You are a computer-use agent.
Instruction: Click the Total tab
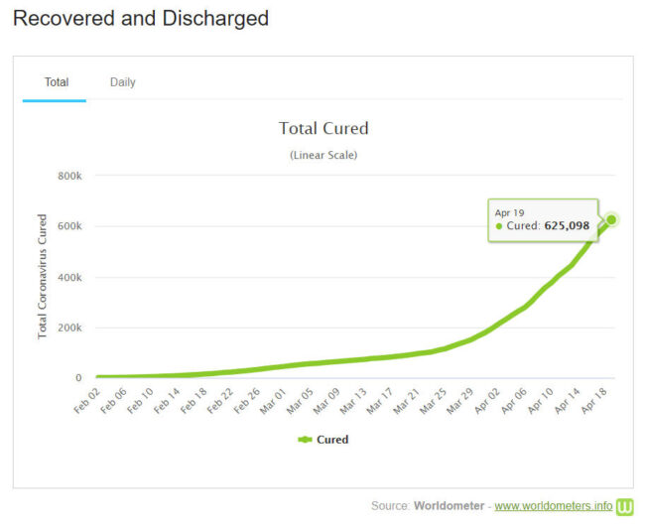click(x=57, y=82)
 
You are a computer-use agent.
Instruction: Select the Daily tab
click(x=123, y=82)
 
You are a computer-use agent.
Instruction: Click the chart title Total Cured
click(x=323, y=128)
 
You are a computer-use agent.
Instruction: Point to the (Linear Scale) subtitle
click(x=323, y=155)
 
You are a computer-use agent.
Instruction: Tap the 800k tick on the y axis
click(x=69, y=176)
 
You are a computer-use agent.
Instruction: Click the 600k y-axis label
click(x=69, y=226)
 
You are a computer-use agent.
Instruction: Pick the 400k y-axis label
click(x=69, y=277)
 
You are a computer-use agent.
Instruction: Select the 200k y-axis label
click(x=69, y=328)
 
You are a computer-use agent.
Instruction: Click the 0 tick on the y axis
click(x=77, y=378)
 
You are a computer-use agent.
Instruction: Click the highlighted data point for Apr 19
click(x=612, y=219)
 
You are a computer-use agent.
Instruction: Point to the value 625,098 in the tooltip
click(x=567, y=226)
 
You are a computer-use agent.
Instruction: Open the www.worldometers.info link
click(x=553, y=506)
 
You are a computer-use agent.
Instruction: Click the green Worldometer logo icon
click(x=625, y=506)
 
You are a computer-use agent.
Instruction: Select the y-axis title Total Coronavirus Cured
click(x=43, y=277)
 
